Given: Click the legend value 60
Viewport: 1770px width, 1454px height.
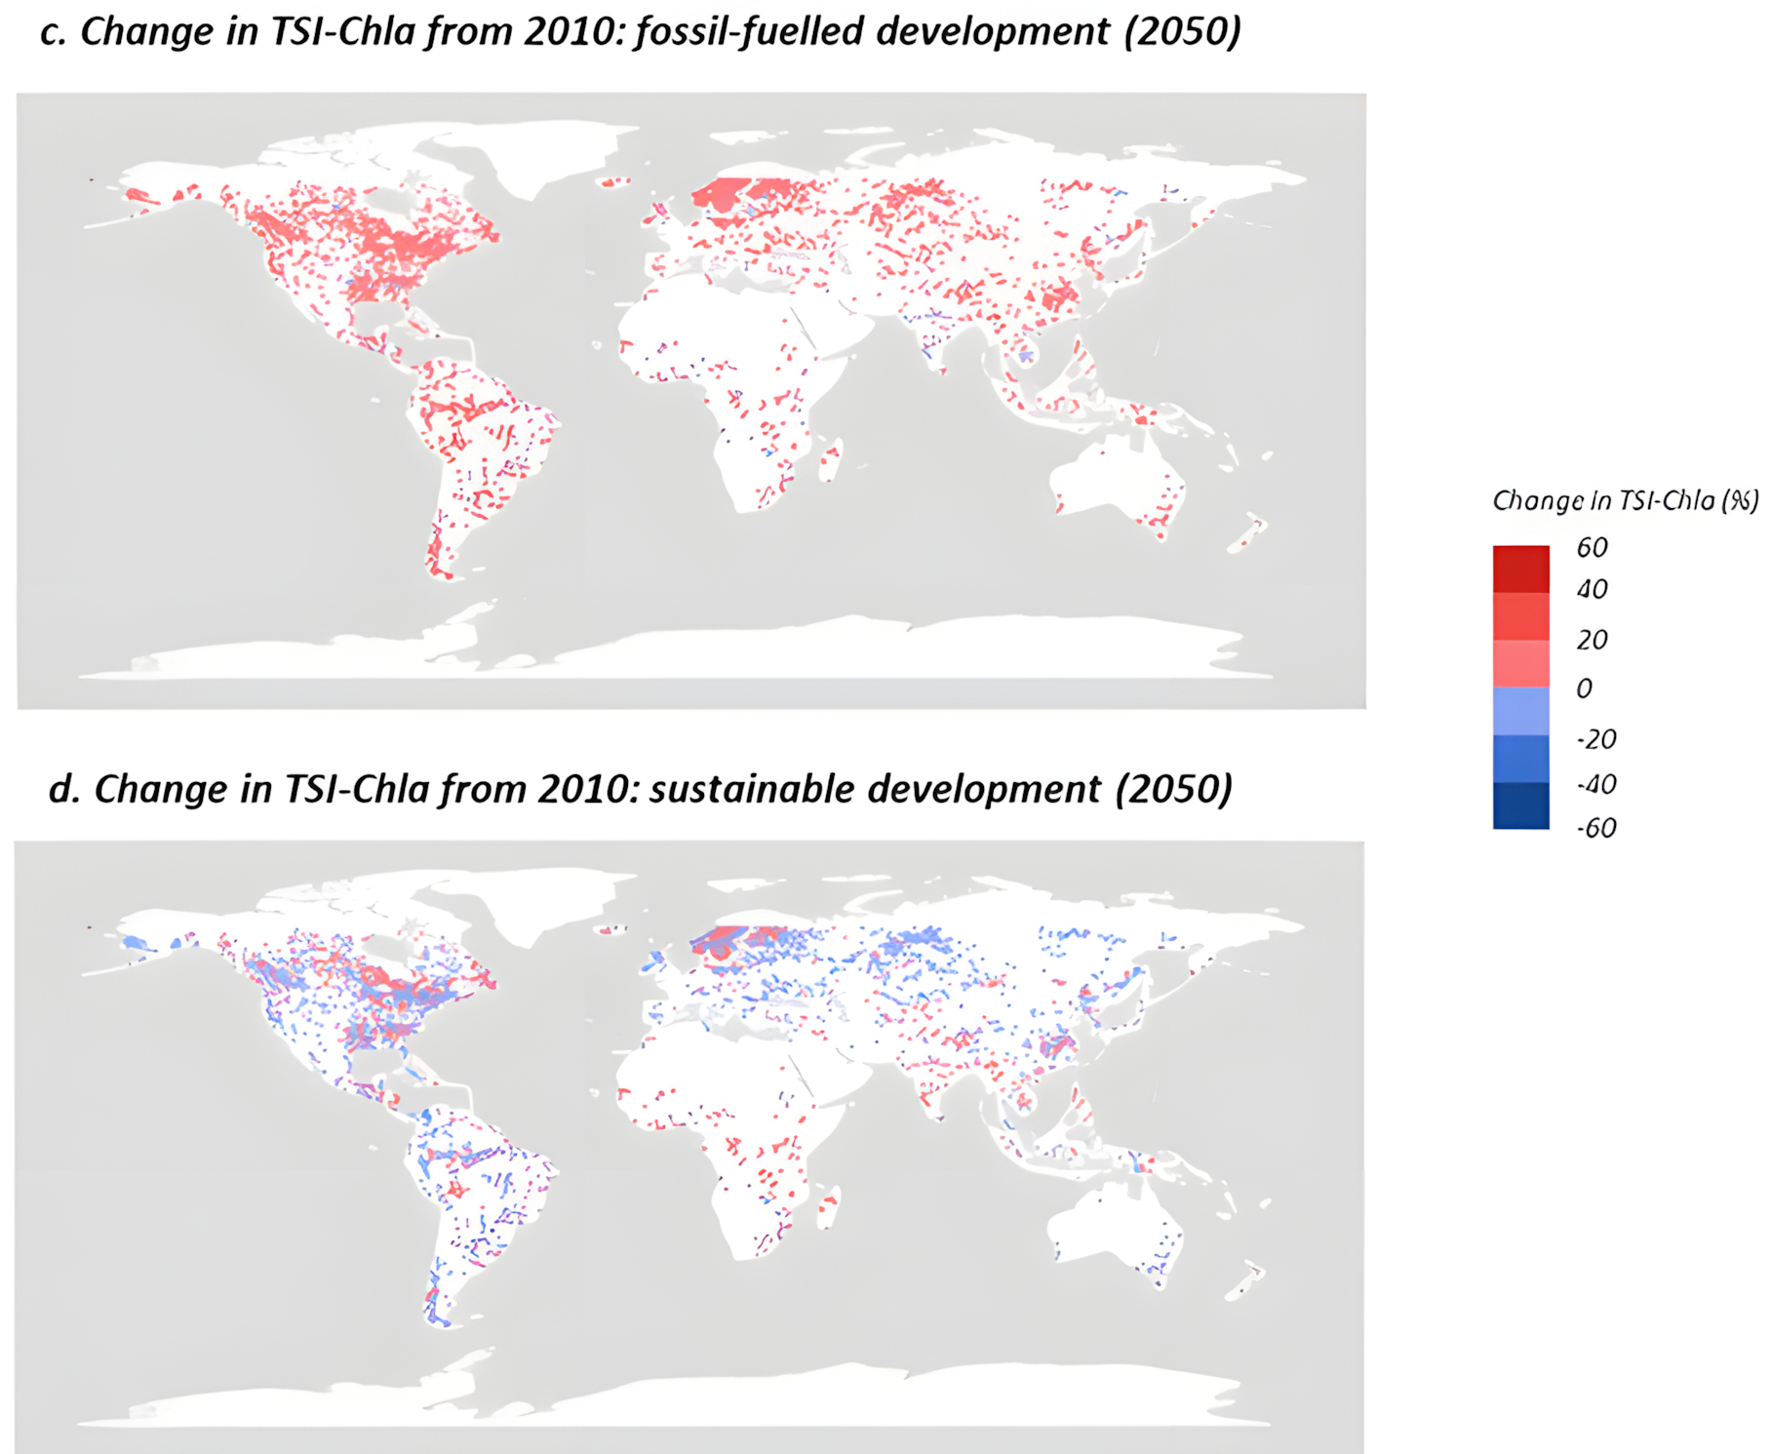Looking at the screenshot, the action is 1592,547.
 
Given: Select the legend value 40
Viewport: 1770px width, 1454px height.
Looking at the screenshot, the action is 1592,589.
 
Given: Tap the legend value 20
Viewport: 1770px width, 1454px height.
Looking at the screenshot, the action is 1592,640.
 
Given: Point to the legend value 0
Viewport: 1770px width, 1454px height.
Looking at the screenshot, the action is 1585,688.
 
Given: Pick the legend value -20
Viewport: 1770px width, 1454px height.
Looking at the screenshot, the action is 1596,739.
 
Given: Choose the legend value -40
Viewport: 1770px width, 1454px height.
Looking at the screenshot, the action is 1596,784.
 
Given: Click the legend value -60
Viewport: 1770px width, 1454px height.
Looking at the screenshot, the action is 1596,828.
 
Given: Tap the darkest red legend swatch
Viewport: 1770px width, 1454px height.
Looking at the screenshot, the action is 1520,570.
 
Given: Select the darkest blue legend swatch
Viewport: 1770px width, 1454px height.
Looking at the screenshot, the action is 1520,806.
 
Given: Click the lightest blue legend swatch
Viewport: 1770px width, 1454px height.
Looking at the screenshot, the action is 1520,711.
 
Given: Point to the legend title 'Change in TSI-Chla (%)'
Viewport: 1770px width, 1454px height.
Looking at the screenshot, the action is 1626,501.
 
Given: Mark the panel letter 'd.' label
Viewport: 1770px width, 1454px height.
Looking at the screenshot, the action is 64,789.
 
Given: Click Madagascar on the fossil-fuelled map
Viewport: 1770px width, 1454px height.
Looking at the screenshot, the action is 830,460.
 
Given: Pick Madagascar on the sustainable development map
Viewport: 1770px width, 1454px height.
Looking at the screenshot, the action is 828,1208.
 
